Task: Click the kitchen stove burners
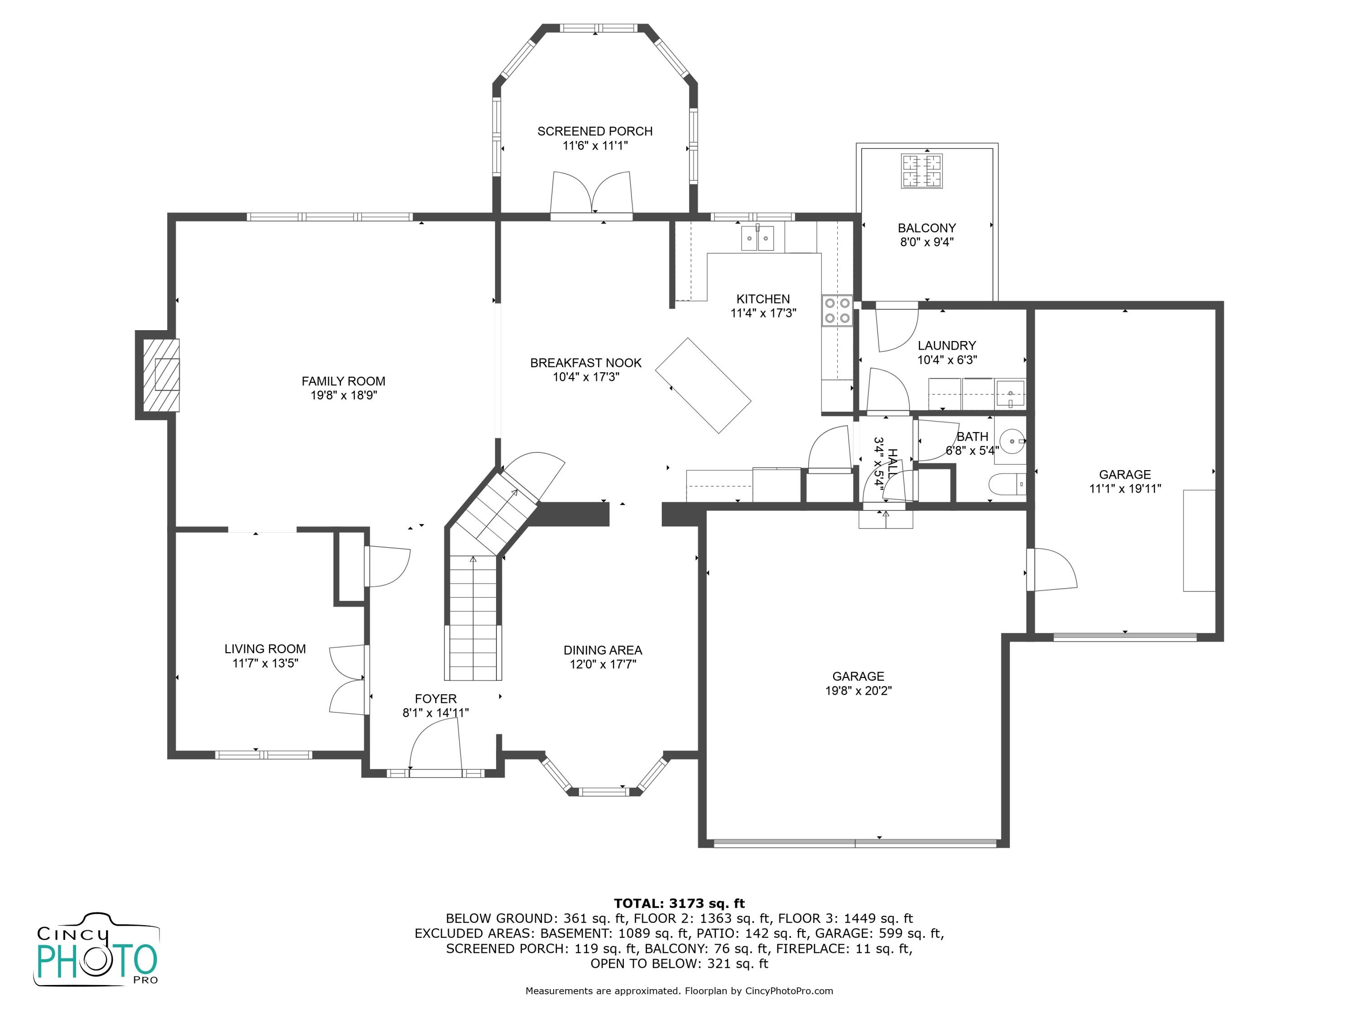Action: point(837,311)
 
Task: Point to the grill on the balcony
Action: point(921,171)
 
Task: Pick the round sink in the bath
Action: point(1011,441)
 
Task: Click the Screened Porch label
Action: point(595,131)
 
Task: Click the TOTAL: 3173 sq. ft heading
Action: point(679,904)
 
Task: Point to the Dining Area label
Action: point(602,650)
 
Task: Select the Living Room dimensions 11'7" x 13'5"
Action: point(265,663)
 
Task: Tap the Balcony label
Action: point(926,228)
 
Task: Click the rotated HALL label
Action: point(892,461)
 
